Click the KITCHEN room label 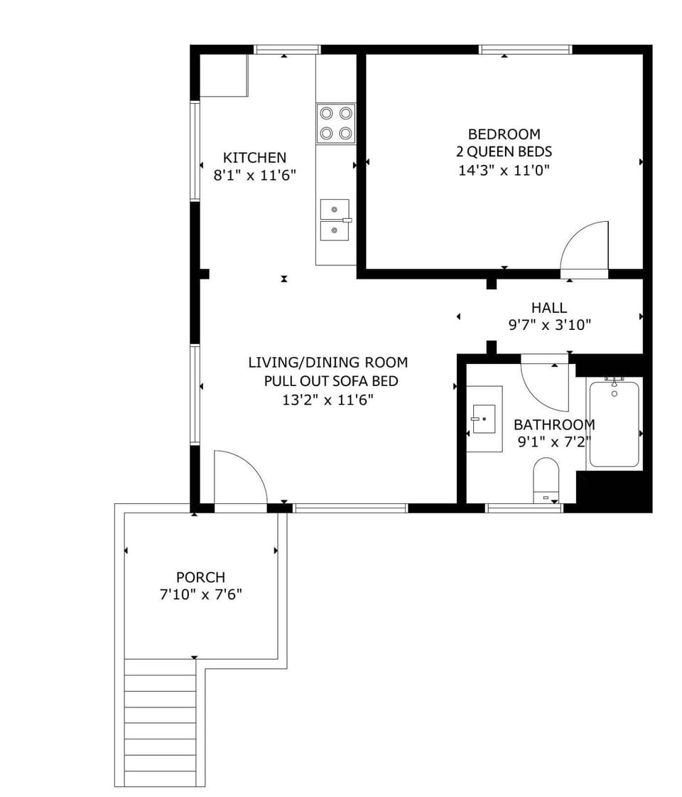(x=254, y=158)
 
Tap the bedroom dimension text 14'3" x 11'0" (x=504, y=170)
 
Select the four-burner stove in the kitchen (x=335, y=124)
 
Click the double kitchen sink (x=335, y=220)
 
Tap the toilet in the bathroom (x=546, y=481)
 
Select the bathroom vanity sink (x=484, y=419)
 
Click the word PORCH (x=200, y=577)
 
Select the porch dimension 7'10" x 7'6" (x=200, y=594)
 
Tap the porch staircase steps (x=160, y=722)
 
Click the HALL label (x=549, y=308)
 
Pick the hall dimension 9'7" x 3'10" (x=549, y=325)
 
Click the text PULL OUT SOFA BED (x=330, y=381)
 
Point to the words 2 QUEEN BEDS (x=504, y=151)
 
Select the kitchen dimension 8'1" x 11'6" (x=254, y=176)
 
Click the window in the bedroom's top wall (x=526, y=49)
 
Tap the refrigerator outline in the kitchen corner (x=224, y=75)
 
